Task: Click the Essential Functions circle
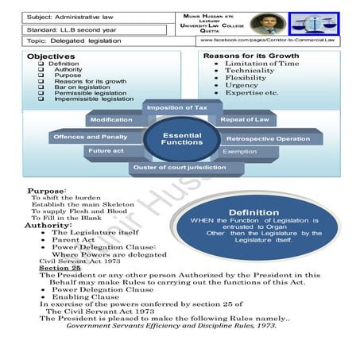pos(182,139)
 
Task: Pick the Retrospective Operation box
pos(268,138)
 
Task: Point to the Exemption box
pos(239,151)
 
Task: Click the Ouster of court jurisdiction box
pos(180,167)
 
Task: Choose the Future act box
pos(106,150)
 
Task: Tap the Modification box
pos(111,120)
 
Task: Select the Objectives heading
pos(51,57)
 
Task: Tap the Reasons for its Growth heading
pos(251,56)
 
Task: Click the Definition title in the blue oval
pos(254,212)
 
